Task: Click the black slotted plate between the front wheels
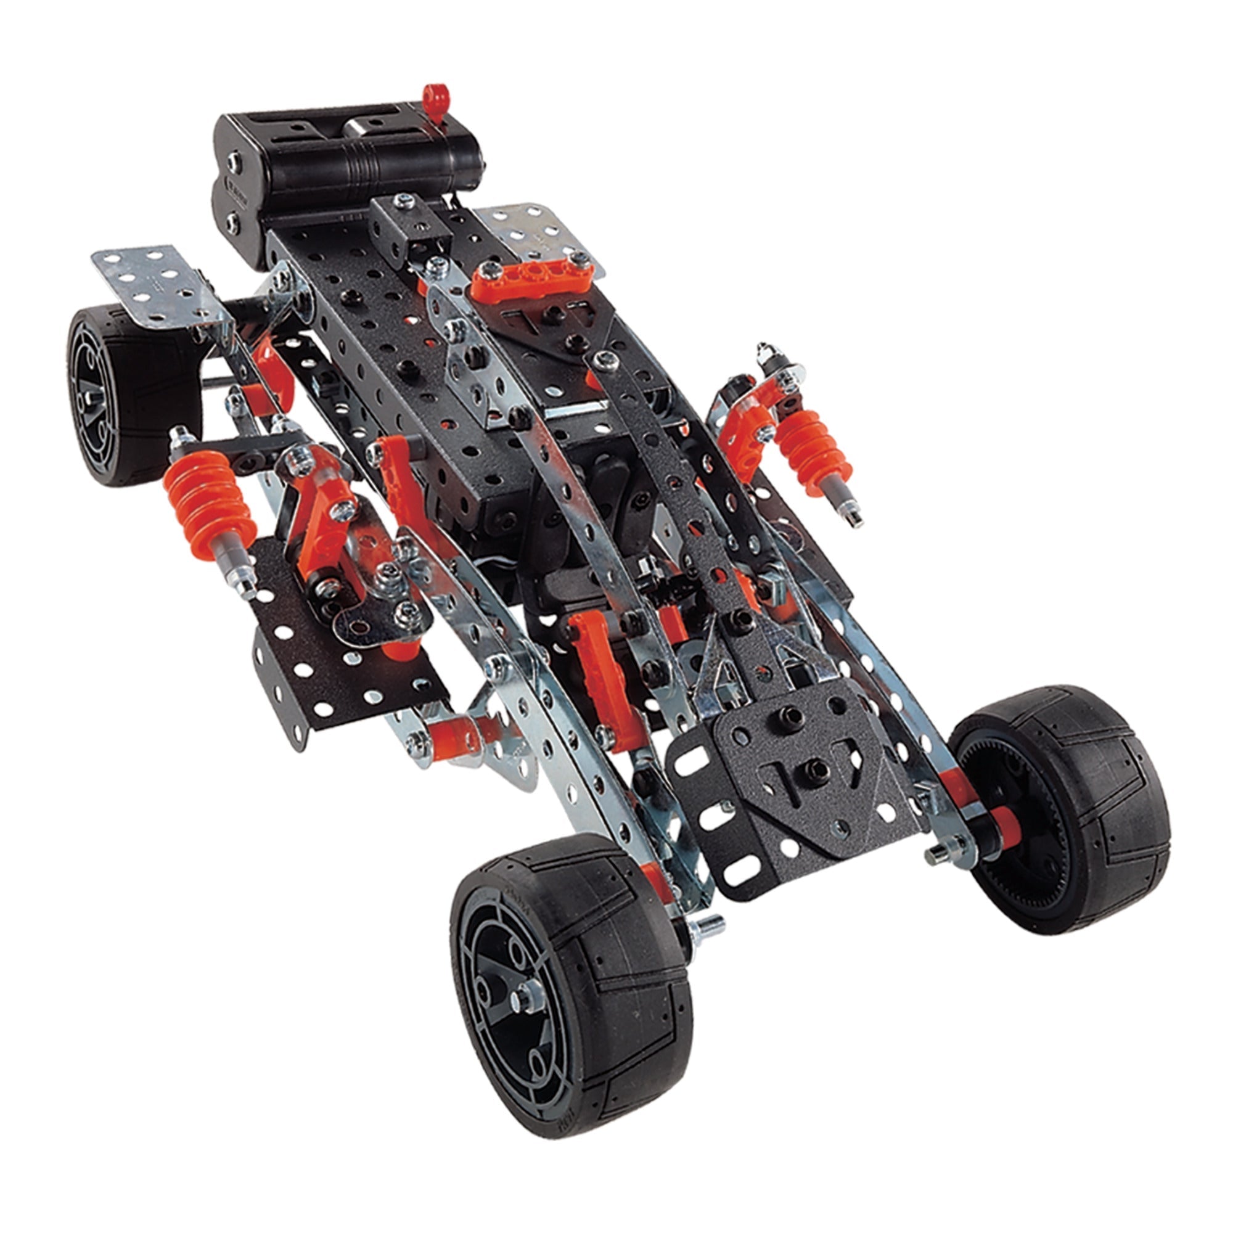tap(798, 792)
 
